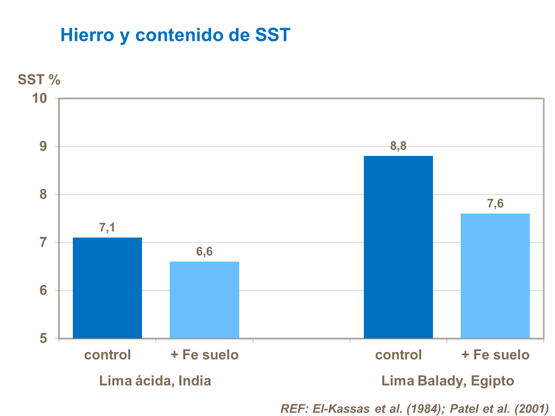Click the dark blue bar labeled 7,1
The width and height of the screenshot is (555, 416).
tap(107, 288)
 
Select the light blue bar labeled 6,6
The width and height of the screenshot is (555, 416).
tap(204, 300)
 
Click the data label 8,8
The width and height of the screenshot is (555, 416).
tap(398, 146)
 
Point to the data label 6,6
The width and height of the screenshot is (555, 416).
tap(204, 252)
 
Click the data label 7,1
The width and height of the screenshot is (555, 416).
tap(107, 228)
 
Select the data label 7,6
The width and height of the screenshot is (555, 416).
tap(495, 204)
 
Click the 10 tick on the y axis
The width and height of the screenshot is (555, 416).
tap(40, 98)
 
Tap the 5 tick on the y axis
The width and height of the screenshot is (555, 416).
tap(43, 338)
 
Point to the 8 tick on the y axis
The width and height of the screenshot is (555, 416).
tap(43, 194)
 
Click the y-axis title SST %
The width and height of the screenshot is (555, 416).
tap(39, 80)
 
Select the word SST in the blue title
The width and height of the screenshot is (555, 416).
tap(273, 35)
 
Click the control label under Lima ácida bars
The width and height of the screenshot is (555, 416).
tap(107, 355)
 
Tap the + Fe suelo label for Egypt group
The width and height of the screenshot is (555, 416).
tap(495, 355)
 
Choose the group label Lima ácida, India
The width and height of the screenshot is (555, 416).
tap(155, 381)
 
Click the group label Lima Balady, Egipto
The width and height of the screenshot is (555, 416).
tap(447, 381)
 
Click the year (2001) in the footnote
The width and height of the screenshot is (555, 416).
tap(531, 409)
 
